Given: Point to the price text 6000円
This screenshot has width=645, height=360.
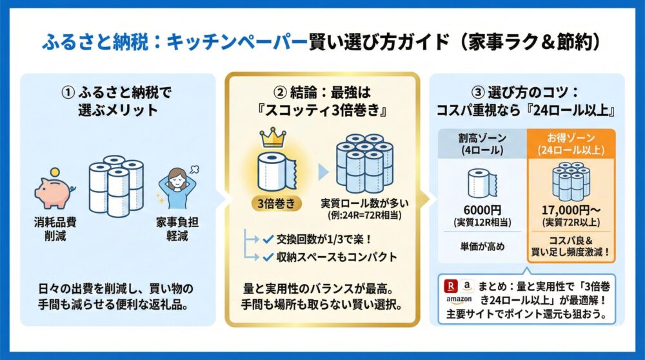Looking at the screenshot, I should pos(477,210).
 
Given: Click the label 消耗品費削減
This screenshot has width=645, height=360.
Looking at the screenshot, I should pos(56,230).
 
